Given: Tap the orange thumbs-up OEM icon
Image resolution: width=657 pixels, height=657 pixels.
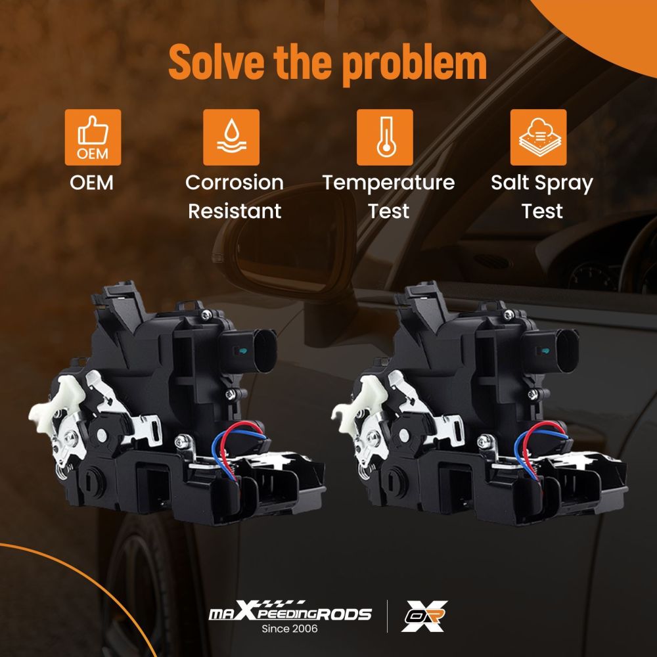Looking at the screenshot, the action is click(93, 137).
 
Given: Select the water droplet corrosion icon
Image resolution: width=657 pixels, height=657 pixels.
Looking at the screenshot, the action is click(231, 137).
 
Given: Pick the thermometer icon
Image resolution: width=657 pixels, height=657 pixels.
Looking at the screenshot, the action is click(384, 137).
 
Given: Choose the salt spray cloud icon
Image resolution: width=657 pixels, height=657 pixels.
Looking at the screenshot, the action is click(539, 137).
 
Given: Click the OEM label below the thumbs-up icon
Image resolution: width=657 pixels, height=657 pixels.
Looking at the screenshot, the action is click(92, 183).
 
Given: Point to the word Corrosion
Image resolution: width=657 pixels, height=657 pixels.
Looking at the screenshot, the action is click(235, 183).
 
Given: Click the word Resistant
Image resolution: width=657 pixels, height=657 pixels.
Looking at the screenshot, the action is click(235, 211).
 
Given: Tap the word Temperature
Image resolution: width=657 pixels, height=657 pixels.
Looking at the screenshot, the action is click(388, 183).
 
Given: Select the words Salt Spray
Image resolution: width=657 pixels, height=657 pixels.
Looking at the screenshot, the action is click(542, 183).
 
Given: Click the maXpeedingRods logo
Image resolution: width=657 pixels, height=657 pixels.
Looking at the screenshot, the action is click(290, 611).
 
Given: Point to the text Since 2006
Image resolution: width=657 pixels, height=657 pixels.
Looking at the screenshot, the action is click(290, 629).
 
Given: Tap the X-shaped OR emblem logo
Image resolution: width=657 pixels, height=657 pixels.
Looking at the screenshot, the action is click(424, 616).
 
